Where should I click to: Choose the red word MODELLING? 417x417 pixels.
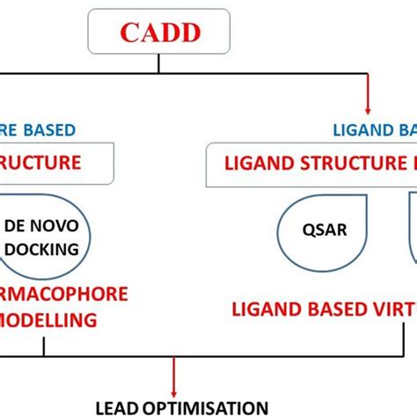point(48,320)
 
